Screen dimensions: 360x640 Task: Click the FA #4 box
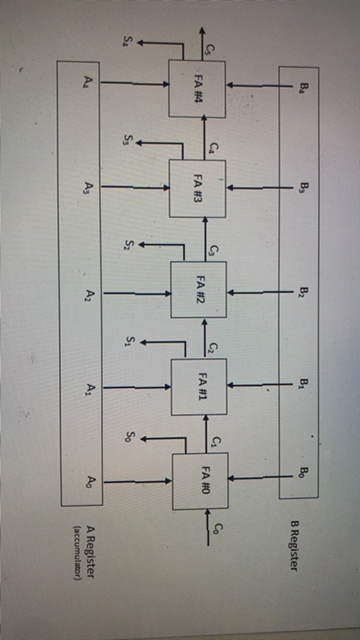pos(198,89)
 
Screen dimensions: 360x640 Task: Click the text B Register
pos(296,546)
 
